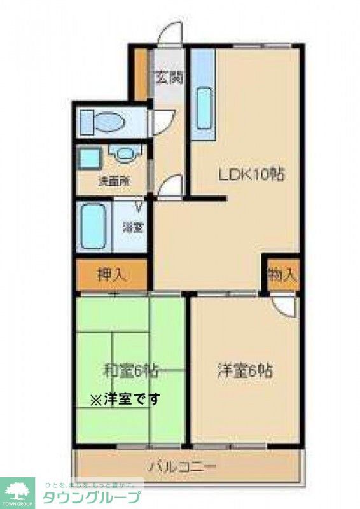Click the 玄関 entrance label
pos(169,78)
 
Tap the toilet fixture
pos(104,122)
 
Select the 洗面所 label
pos(113,180)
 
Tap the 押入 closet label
pos(112,275)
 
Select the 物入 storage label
pos(282,275)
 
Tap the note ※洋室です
pos(125,400)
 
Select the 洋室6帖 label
pos(245,370)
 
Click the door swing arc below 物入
pos(286,306)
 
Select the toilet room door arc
pos(163,122)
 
